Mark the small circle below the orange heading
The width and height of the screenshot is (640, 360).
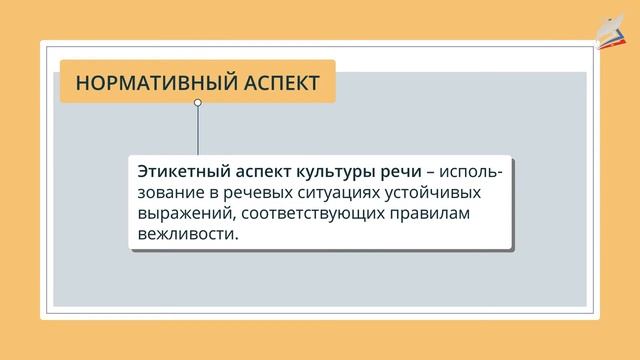[x=198, y=103]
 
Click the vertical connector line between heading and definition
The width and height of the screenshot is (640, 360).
[x=198, y=130]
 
